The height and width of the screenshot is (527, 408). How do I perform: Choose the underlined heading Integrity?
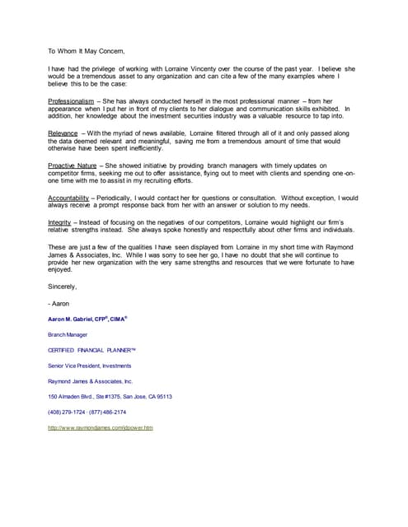[x=61, y=222]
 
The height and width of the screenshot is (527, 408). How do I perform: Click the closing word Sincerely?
[x=63, y=287]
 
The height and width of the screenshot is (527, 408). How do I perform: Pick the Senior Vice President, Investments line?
[x=89, y=366]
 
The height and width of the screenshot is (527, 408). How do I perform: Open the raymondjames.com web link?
[x=101, y=428]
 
